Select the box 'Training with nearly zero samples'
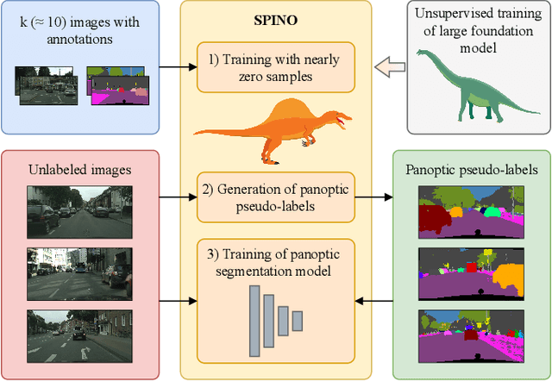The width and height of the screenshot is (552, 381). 275,67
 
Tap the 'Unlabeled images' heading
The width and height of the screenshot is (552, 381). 79,170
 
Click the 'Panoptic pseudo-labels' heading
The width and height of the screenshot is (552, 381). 471,170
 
